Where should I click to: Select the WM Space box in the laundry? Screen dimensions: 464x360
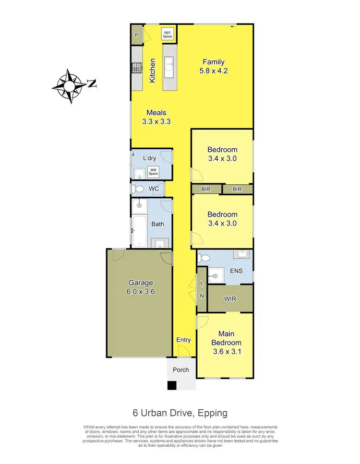[154, 170]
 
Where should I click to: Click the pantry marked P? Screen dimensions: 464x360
[136, 35]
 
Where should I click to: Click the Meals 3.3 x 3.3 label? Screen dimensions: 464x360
[156, 117]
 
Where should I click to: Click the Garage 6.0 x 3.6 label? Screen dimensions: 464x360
[141, 287]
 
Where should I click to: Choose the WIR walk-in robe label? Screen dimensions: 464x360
[230, 298]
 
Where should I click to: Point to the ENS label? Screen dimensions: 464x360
[236, 270]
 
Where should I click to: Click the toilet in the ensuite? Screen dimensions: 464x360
[204, 259]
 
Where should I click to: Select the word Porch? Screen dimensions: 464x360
[180, 369]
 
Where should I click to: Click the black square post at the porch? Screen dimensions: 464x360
[172, 385]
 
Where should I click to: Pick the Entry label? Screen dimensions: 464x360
[183, 340]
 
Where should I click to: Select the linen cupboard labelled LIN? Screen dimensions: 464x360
[202, 290]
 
